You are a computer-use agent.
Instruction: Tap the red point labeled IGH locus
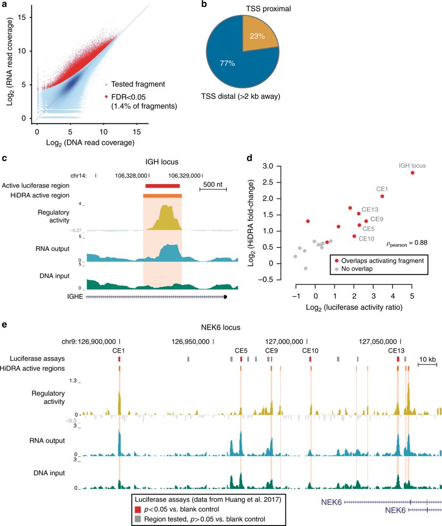(x=413, y=172)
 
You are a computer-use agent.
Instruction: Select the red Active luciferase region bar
(x=163, y=186)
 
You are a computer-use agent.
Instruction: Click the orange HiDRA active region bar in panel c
(x=163, y=195)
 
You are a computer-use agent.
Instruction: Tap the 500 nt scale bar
(x=213, y=188)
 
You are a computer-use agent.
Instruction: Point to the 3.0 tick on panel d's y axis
(x=280, y=166)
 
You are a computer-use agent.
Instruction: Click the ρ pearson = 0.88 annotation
(x=406, y=242)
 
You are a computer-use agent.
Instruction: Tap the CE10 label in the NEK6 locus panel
(x=310, y=351)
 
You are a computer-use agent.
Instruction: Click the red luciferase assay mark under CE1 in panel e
(x=119, y=360)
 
